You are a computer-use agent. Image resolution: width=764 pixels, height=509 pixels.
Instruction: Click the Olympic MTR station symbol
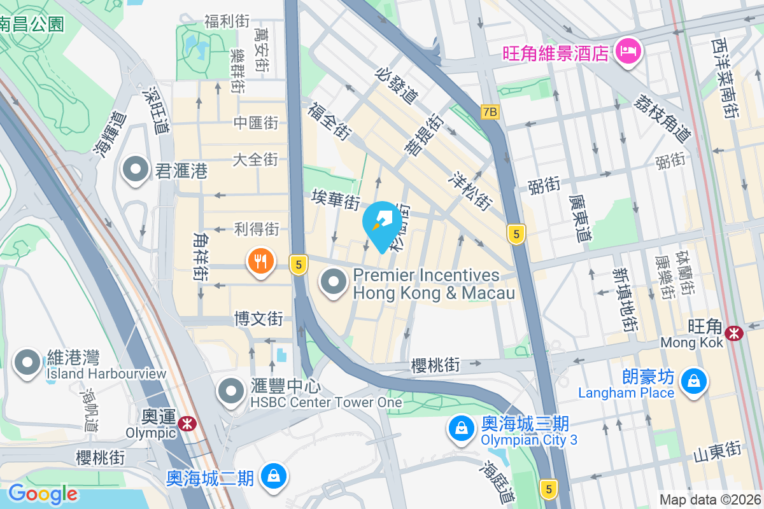coord(187,424)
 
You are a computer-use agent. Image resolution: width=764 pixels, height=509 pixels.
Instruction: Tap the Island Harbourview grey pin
coord(27,362)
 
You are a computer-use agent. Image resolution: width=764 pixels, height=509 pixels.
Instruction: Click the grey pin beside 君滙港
coord(136,170)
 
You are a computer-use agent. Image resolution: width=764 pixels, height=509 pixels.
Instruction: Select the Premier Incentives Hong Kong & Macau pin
coord(333,282)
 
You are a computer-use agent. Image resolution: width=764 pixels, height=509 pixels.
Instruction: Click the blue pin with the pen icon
coord(382,223)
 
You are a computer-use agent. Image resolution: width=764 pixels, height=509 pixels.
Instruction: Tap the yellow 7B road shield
coord(490,112)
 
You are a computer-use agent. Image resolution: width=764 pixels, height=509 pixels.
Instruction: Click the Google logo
coord(43,494)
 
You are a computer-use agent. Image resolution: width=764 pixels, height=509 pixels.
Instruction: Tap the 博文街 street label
coord(258,317)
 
